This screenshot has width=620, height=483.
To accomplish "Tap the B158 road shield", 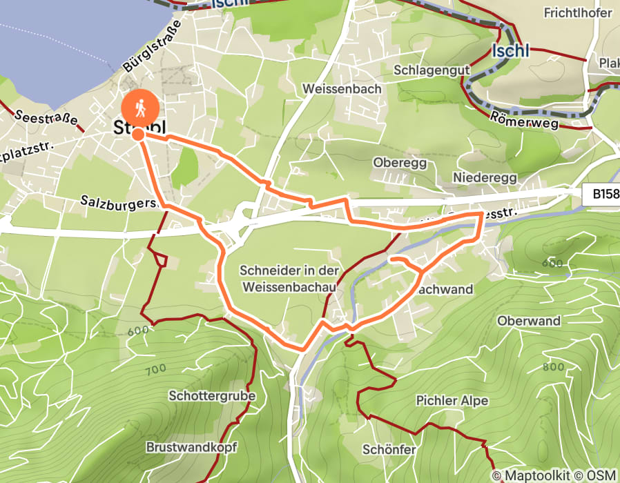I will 606,195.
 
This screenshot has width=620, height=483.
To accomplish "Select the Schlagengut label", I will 432,70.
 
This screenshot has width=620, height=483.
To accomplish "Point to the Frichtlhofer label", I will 578,13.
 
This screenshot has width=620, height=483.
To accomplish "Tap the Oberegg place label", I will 400,163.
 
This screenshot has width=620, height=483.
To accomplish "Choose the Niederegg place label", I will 485,177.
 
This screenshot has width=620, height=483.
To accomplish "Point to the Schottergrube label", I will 212,396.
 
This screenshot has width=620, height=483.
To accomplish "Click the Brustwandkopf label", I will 191,447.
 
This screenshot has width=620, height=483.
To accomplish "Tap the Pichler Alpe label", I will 452,401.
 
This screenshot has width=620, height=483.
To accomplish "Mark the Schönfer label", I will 389,450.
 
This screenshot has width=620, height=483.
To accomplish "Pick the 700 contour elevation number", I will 156,370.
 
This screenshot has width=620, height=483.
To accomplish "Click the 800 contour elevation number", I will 554,366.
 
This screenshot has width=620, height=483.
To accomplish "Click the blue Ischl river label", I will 511,50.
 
